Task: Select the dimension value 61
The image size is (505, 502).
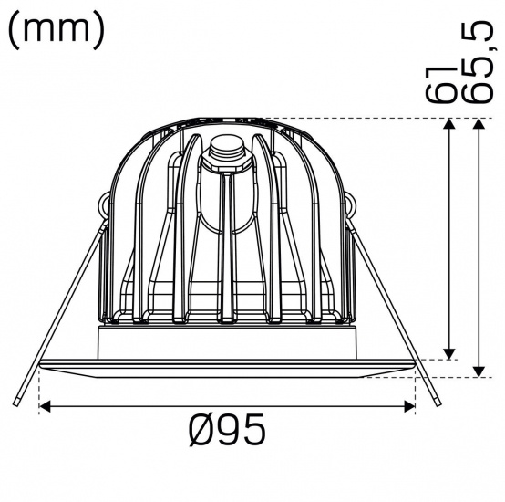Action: tap(440, 83)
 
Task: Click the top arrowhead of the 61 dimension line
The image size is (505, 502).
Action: tap(448, 126)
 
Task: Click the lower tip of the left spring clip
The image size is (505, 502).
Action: tap(17, 402)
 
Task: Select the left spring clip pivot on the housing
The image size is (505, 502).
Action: tap(108, 207)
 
